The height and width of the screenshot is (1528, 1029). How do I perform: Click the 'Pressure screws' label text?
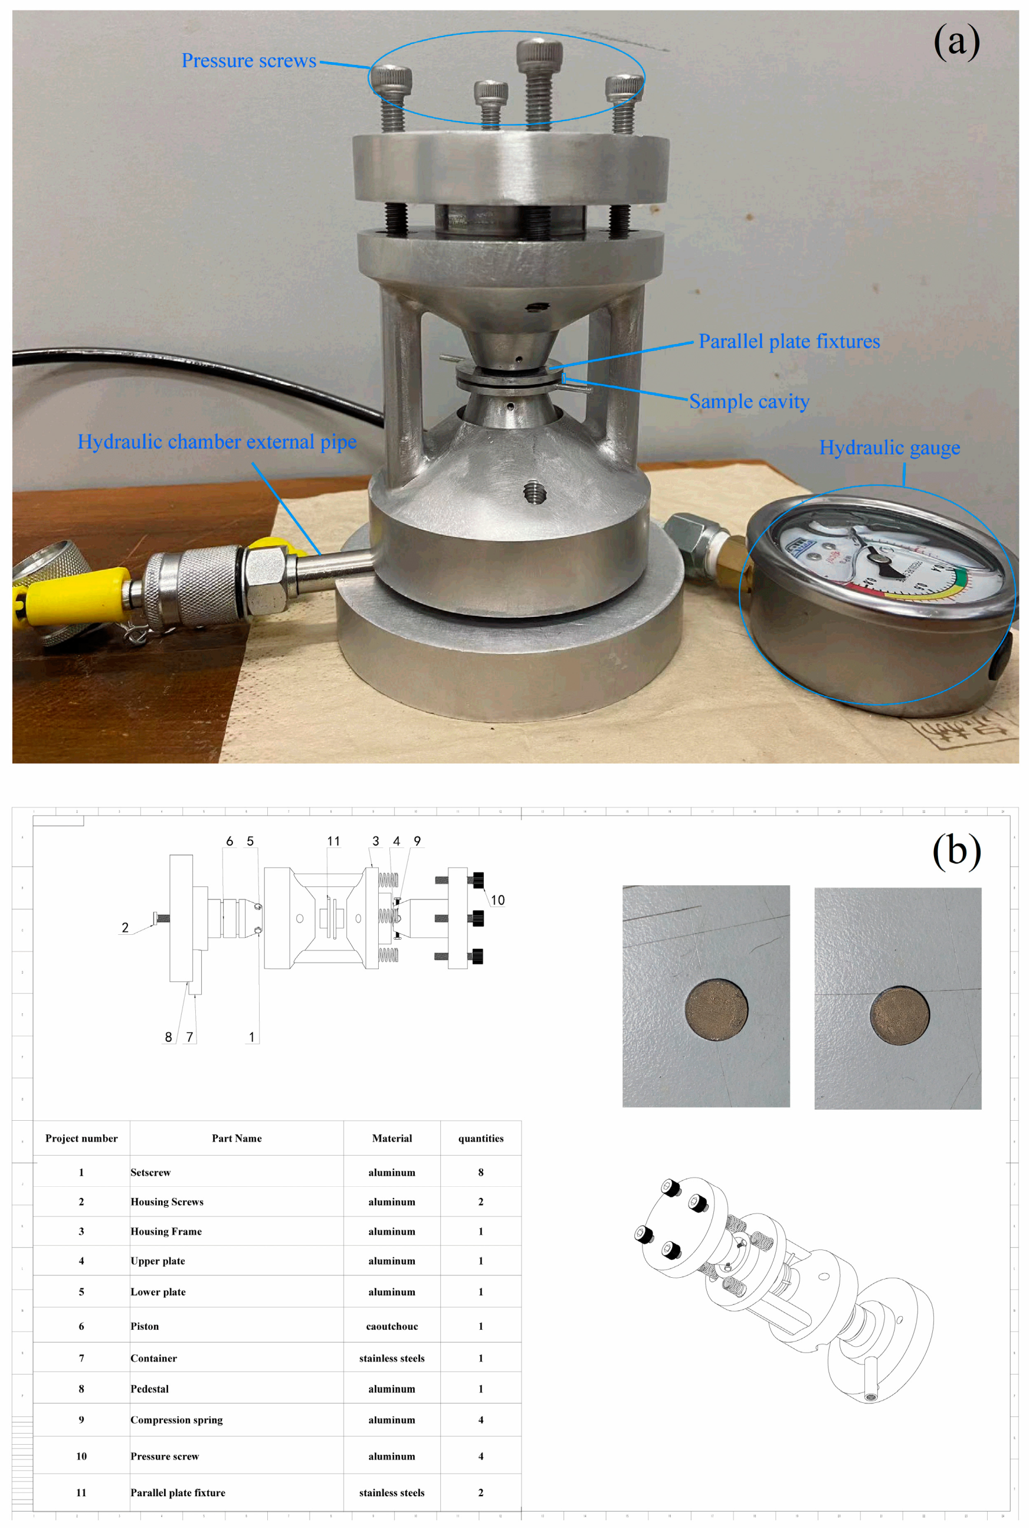249,60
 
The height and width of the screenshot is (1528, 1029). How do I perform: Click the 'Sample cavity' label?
749,401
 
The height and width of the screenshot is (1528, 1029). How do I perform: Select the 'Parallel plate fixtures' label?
789,341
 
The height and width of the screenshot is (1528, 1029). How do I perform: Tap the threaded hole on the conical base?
535,492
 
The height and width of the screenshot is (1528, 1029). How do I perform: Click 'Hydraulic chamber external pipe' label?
217,441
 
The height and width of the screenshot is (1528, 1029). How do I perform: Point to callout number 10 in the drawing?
497,901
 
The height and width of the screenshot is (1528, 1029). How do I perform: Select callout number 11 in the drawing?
333,842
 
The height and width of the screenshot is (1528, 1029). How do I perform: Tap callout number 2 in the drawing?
124,927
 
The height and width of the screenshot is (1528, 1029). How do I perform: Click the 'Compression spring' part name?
176,1420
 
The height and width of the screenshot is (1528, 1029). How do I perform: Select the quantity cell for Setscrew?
480,1172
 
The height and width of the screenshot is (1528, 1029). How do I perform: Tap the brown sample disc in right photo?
899,1015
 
